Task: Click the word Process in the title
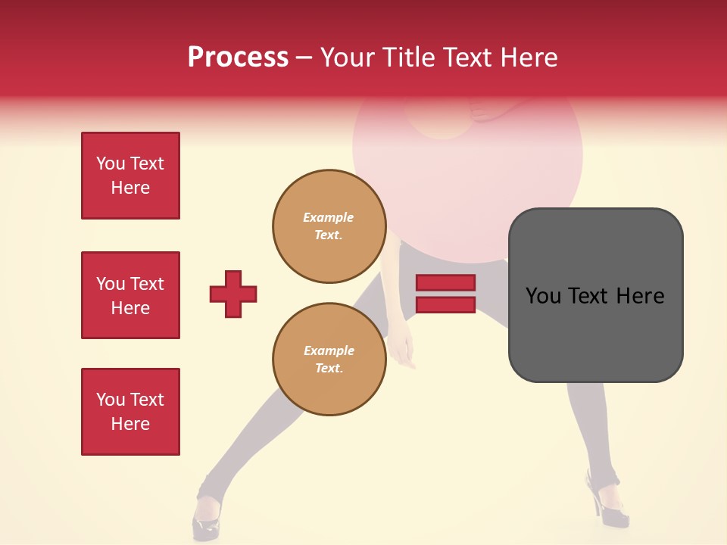pyautogui.click(x=238, y=58)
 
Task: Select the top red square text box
pyautogui.click(x=130, y=176)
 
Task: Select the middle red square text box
pyautogui.click(x=130, y=295)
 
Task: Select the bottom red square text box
pyautogui.click(x=130, y=412)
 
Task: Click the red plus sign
pyautogui.click(x=233, y=294)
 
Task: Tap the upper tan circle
pyautogui.click(x=329, y=226)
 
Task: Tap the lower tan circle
pyautogui.click(x=329, y=360)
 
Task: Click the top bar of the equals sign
pyautogui.click(x=445, y=283)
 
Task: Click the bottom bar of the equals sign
pyautogui.click(x=445, y=305)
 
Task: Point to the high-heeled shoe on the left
pyautogui.click(x=206, y=519)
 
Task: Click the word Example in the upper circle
pyautogui.click(x=329, y=217)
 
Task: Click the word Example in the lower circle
pyautogui.click(x=329, y=350)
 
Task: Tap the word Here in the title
pyautogui.click(x=529, y=58)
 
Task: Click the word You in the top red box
pyautogui.click(x=111, y=163)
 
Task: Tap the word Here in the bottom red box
pyautogui.click(x=130, y=424)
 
